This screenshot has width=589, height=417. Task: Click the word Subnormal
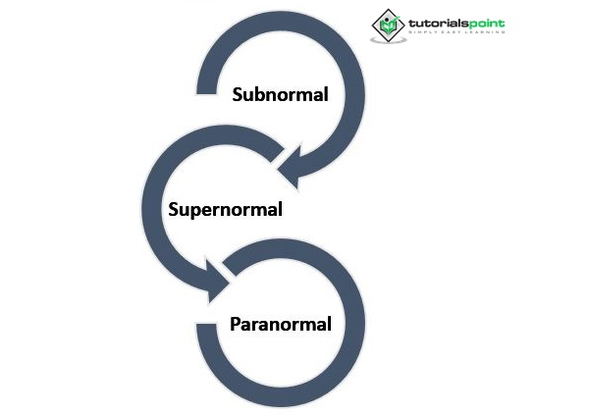point(280,94)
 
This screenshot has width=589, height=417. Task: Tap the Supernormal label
point(226,210)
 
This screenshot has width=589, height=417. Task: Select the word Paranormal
point(281,324)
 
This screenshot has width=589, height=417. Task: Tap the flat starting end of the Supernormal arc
point(278,155)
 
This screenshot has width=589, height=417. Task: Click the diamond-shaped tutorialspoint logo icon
point(388,26)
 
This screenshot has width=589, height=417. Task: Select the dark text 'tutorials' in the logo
point(439,24)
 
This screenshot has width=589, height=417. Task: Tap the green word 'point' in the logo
point(487,25)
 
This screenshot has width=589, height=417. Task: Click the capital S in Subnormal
point(238,94)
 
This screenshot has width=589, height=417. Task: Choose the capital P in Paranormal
point(236,324)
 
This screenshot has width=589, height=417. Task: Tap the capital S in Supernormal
point(174,209)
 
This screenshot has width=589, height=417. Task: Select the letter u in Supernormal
point(186,211)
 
